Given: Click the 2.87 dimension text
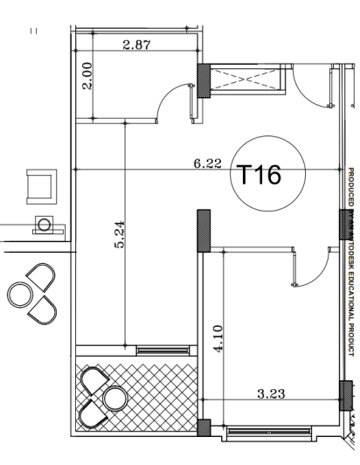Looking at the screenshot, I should point(135,45).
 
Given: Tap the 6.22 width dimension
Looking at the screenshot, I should point(207,163).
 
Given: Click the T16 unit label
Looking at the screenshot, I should point(259,175).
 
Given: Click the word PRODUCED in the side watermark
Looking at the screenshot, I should point(350,186).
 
